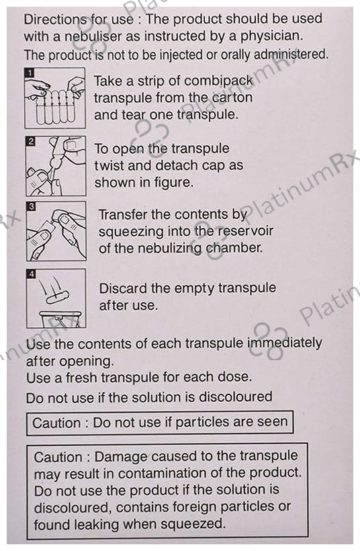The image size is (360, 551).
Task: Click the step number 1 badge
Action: click(x=30, y=73)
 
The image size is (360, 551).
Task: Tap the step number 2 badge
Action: click(x=31, y=142)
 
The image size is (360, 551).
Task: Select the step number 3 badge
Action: click(x=32, y=206)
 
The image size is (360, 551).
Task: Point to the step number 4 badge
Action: click(x=32, y=273)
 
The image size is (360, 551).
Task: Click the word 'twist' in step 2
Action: click(x=109, y=165)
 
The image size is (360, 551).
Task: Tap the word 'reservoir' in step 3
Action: click(x=245, y=231)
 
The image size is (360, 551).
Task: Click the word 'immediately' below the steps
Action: click(x=285, y=343)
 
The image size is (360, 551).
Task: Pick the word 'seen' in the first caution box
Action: click(x=273, y=422)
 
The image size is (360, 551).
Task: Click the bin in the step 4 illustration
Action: click(x=60, y=319)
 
